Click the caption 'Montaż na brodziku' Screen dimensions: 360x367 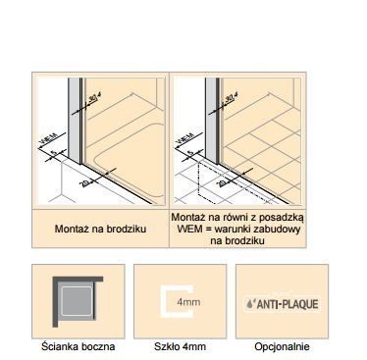tap(101, 229)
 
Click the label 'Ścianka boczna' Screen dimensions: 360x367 tap(79, 346)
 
